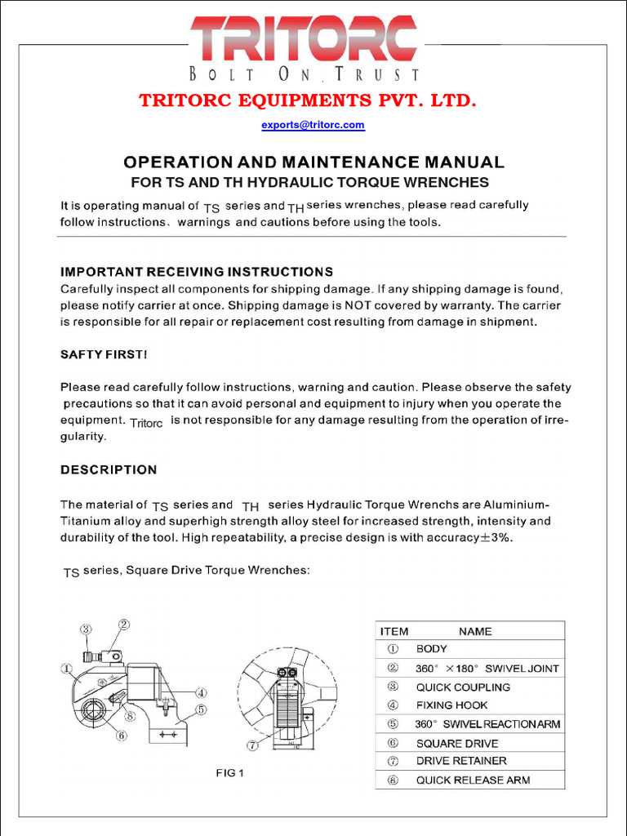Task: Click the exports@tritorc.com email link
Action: (x=313, y=125)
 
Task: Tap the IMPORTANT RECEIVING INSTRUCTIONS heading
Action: (x=197, y=271)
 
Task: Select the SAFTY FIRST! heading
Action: (x=104, y=354)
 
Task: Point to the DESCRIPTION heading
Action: (x=109, y=469)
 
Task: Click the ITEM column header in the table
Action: (x=394, y=631)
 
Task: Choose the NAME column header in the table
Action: (x=475, y=631)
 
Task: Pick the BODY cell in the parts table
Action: (x=432, y=649)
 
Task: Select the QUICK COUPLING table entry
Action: (x=463, y=687)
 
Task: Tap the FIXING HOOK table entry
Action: (x=451, y=705)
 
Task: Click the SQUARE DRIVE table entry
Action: (x=456, y=743)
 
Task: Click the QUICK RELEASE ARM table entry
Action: (x=473, y=780)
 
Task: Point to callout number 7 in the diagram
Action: (x=253, y=745)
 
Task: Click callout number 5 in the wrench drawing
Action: (x=201, y=709)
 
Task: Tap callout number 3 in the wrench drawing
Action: (x=87, y=629)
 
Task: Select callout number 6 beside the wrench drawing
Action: (x=122, y=735)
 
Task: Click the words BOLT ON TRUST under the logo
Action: (x=305, y=75)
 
